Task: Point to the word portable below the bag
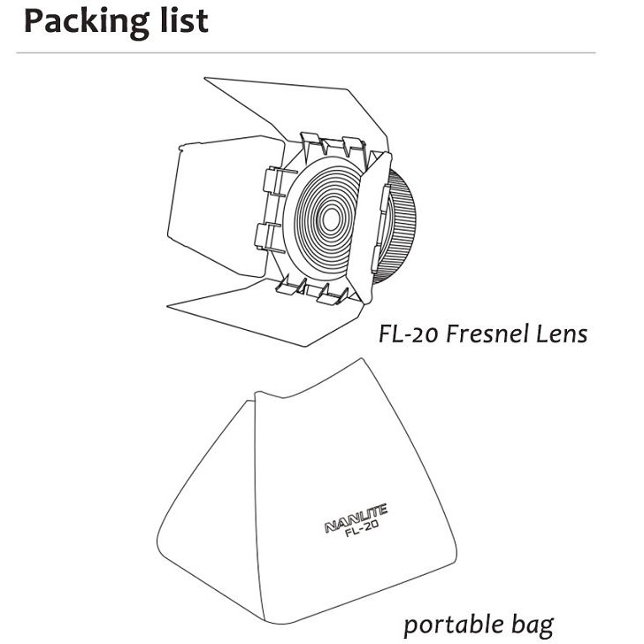[452, 624]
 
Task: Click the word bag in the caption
[532, 625]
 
